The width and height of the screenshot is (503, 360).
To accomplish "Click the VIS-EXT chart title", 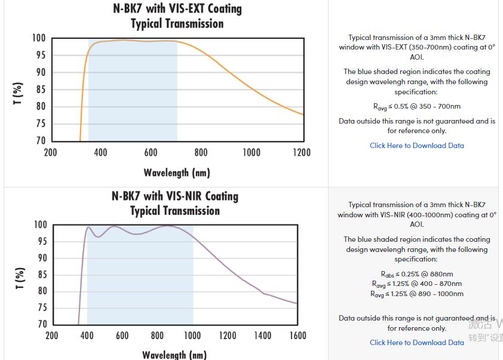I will pyautogui.click(x=177, y=16).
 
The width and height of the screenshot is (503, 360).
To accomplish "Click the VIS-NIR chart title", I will pyautogui.click(x=175, y=203).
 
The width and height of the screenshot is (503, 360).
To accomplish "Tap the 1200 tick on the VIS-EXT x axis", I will pyautogui.click(x=302, y=152).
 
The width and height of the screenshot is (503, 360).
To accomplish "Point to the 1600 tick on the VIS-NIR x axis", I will pyautogui.click(x=297, y=336).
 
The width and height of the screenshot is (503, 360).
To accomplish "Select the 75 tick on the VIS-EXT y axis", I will pyautogui.click(x=39, y=124).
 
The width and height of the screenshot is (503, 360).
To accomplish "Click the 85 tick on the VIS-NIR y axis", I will pyautogui.click(x=41, y=275).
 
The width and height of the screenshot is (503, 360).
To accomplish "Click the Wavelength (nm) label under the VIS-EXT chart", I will pyautogui.click(x=177, y=173).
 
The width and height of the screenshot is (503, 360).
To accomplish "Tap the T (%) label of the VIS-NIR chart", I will pyautogui.click(x=19, y=278).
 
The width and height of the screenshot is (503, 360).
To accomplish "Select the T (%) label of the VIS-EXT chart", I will pyautogui.click(x=18, y=93).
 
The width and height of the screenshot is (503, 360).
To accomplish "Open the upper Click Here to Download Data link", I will pyautogui.click(x=416, y=146).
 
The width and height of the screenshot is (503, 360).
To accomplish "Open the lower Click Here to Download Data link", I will pyautogui.click(x=416, y=343).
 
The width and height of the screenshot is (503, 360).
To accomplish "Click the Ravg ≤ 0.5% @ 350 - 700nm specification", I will pyautogui.click(x=416, y=107).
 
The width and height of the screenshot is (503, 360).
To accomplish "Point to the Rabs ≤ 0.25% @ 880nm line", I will pyautogui.click(x=416, y=274).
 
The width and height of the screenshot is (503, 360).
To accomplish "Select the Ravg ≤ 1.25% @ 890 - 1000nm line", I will pyautogui.click(x=416, y=294).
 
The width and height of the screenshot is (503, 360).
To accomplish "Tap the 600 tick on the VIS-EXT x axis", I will pyautogui.click(x=151, y=152).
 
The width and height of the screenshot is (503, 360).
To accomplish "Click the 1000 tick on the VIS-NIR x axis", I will pyautogui.click(x=192, y=336).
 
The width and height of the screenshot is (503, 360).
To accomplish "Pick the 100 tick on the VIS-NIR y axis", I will pyautogui.click(x=39, y=225).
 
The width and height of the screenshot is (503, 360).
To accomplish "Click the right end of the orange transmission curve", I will pyautogui.click(x=303, y=114).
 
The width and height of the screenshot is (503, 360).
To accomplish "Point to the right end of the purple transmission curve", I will pyautogui.click(x=296, y=303).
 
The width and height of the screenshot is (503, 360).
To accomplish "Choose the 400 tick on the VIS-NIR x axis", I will pyautogui.click(x=87, y=336).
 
